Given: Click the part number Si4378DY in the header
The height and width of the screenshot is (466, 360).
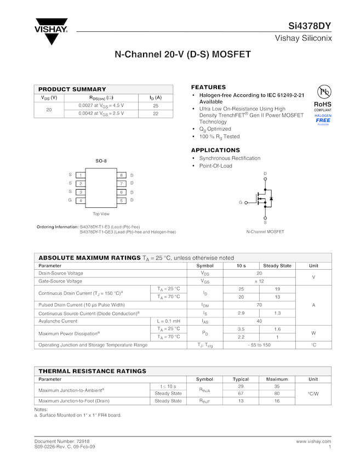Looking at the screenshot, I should (310, 26).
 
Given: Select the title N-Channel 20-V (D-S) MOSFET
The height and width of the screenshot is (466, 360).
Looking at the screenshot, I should (182, 55).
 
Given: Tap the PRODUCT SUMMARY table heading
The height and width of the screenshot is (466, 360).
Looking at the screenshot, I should (72, 89).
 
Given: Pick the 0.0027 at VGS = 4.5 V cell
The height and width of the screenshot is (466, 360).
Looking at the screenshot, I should (101, 105).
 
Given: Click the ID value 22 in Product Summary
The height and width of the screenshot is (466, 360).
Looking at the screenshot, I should (156, 113).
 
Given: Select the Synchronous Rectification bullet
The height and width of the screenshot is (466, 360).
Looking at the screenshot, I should (230, 158).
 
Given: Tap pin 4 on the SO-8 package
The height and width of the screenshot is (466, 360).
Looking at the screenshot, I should (81, 201).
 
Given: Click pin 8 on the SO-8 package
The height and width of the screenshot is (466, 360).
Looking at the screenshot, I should (122, 175).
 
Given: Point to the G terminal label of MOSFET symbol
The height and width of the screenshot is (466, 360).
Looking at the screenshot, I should (240, 203).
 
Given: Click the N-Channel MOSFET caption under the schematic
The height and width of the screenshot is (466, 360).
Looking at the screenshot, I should (265, 232).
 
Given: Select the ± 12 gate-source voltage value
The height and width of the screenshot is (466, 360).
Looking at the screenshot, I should (259, 281).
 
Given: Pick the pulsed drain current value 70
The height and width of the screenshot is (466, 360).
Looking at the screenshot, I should (259, 305).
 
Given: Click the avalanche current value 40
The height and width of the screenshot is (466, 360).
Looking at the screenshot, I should (259, 321).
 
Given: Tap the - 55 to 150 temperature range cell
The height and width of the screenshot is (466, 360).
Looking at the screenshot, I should (259, 345).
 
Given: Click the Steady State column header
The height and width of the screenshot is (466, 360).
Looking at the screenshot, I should (277, 266).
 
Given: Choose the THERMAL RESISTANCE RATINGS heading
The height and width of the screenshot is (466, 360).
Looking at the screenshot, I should (92, 371).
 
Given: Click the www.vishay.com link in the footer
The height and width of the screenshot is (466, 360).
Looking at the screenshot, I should (313, 441).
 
